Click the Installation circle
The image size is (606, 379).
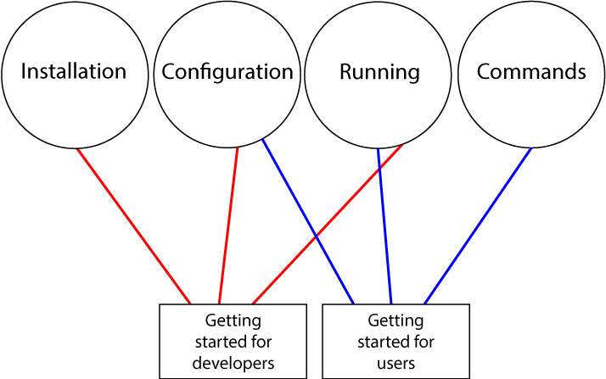[x=74, y=72]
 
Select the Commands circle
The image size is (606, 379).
[x=531, y=72]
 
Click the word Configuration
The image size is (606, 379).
[x=227, y=72]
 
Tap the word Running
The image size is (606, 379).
[x=379, y=72]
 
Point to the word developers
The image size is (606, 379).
[x=233, y=362]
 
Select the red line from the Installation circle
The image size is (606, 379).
[x=133, y=226]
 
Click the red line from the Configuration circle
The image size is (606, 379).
[x=229, y=226]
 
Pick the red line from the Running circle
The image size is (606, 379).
[x=327, y=226]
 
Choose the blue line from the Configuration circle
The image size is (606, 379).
[x=307, y=222]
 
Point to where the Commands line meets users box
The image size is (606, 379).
[x=424, y=303]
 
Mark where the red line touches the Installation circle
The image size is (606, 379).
[x=77, y=150]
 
